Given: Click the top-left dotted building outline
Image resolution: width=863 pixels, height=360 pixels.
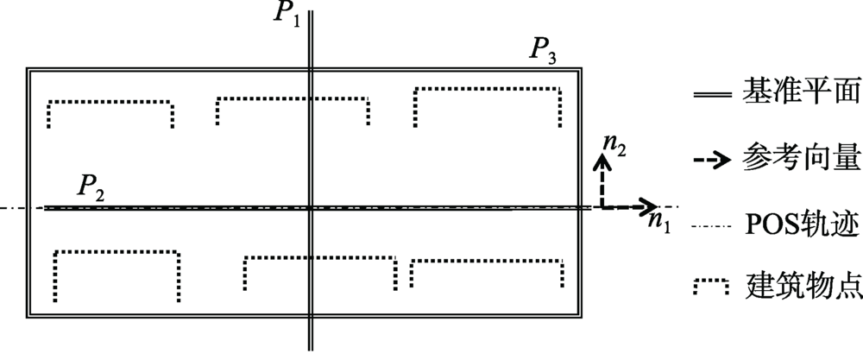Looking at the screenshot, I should [110, 104].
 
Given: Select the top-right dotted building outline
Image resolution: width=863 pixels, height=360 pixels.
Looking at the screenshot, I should [488, 90].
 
